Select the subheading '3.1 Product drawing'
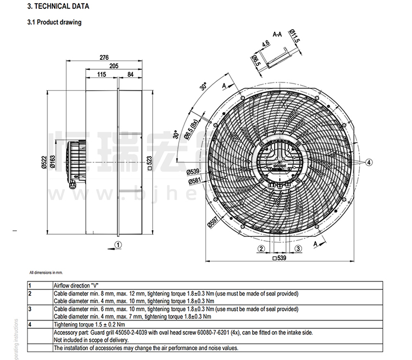tap(54, 23)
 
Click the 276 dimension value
tap(104, 57)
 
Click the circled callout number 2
tap(258, 248)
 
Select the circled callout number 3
tap(298, 248)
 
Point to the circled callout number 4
tap(369, 162)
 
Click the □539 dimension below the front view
tap(280, 257)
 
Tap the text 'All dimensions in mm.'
tap(47, 273)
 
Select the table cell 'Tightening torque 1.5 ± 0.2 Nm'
tap(89, 324)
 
